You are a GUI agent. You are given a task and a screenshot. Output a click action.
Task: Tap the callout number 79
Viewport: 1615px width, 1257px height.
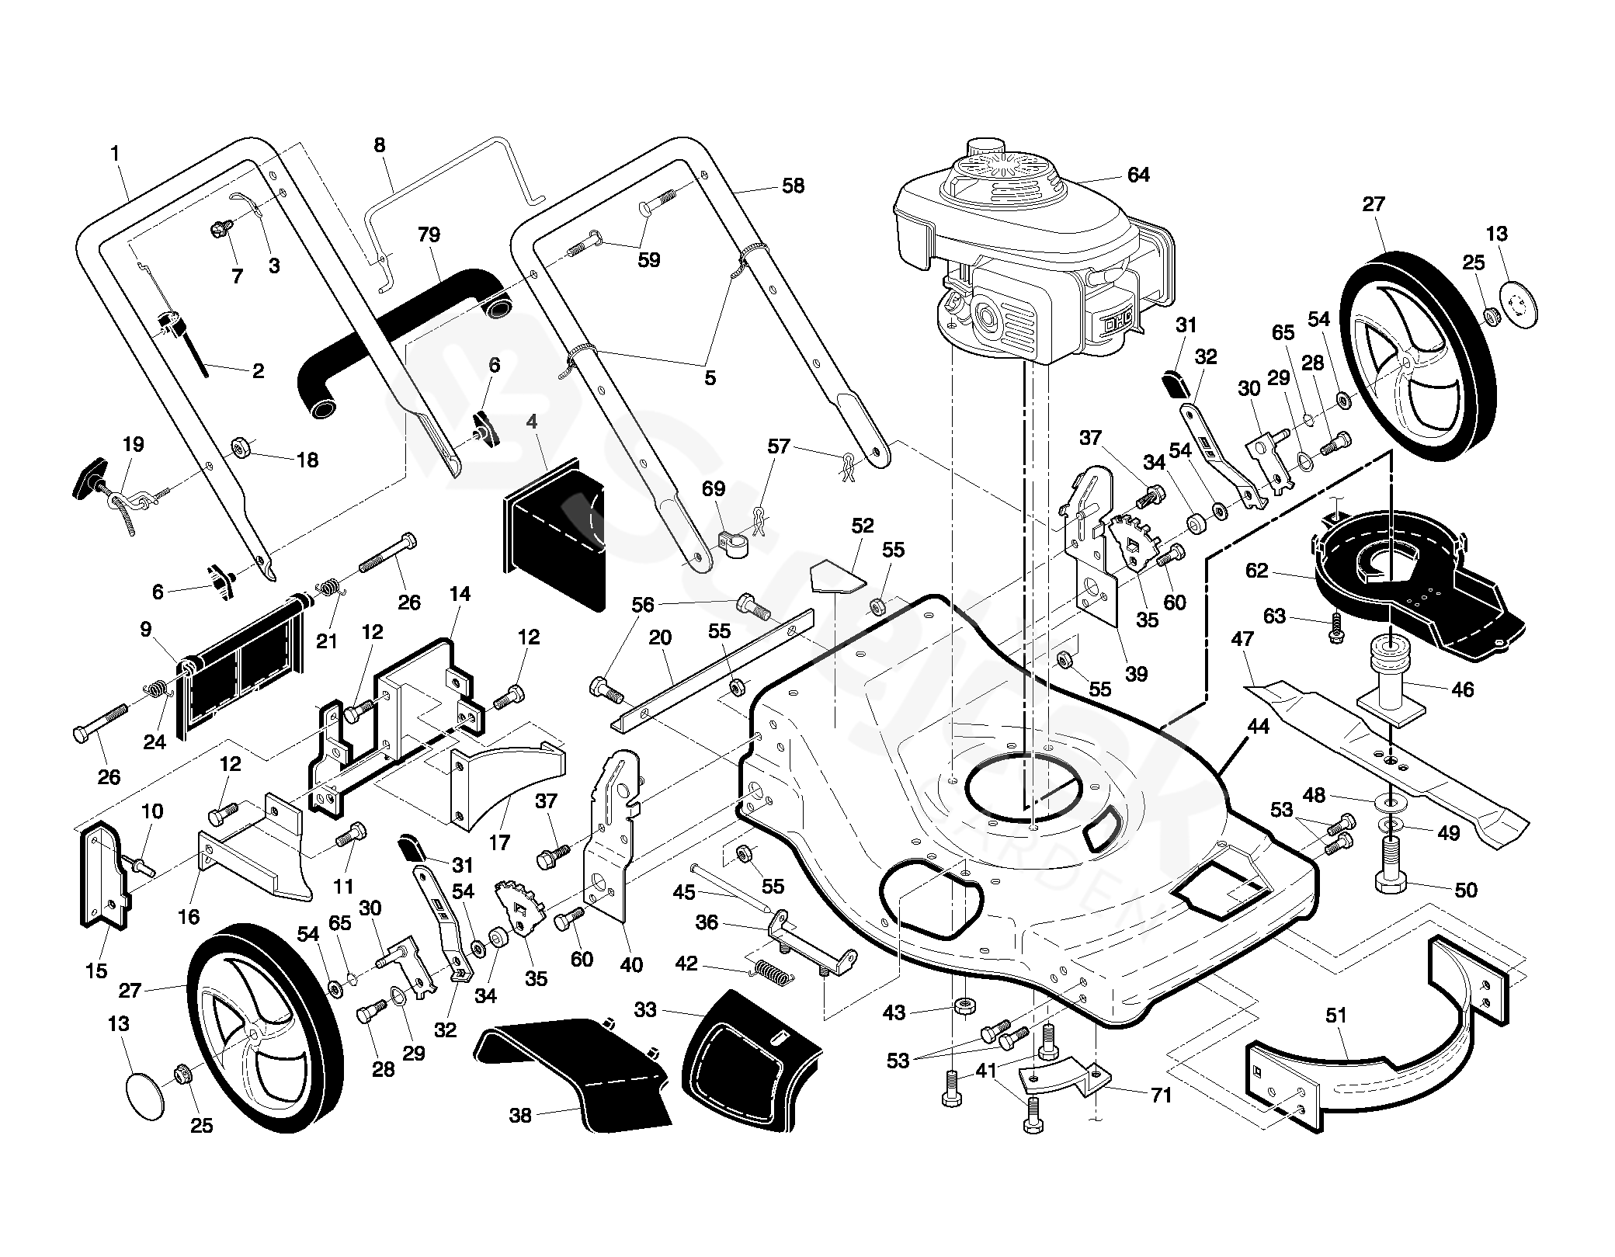pyautogui.click(x=429, y=234)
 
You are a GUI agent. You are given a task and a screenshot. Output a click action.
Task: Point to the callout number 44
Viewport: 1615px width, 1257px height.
pyautogui.click(x=1258, y=727)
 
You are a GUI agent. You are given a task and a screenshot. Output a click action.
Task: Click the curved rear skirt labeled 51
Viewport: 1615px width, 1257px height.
pyautogui.click(x=1367, y=1064)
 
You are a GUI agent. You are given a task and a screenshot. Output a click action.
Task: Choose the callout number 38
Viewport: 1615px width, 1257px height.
pyautogui.click(x=520, y=1116)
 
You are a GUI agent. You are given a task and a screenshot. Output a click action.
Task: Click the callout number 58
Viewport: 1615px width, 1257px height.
pyautogui.click(x=793, y=186)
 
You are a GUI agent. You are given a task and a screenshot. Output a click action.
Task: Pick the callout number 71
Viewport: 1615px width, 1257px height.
pyautogui.click(x=1161, y=1096)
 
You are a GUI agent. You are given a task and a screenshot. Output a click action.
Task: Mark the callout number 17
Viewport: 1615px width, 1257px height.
pyautogui.click(x=499, y=842)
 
